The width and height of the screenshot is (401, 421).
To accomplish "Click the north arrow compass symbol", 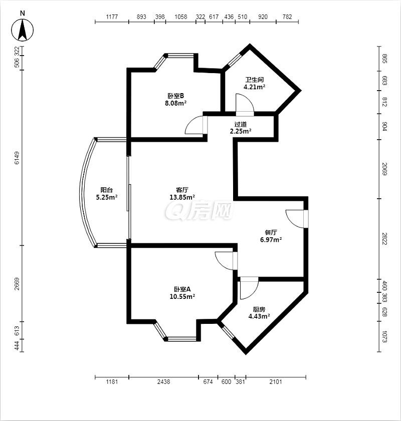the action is pos(23,30).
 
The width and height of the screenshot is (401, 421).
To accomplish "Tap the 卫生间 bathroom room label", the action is pos(254,80).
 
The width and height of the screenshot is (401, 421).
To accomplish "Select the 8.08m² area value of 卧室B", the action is pos(176,103).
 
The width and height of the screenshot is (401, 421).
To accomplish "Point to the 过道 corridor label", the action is pos(240,124).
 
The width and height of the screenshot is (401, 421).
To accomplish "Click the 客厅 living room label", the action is pos(182,190).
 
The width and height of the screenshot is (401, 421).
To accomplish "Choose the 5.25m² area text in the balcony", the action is pos(107,197).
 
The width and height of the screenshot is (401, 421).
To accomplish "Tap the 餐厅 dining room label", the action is pos(271,232).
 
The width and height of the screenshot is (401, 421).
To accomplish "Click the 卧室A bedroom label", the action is pos(182,289).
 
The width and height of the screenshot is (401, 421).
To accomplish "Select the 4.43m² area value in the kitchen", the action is pos(259,316).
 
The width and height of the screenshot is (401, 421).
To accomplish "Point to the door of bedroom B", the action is pos(195,125).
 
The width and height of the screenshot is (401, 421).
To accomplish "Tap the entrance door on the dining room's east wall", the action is pos(296,219).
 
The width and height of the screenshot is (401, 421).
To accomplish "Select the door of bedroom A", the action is pos(226,260).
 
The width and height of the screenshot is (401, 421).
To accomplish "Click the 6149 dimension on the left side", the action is pos(17,158).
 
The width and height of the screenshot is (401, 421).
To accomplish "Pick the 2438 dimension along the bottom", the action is pos(163,381).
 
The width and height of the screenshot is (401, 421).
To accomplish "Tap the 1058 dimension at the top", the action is pos(180,17).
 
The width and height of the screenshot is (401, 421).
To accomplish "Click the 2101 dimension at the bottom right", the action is pos(276,381).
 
